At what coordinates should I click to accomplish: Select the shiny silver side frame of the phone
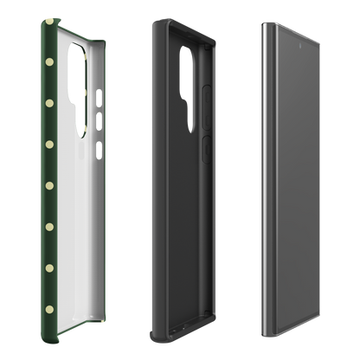263,173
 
